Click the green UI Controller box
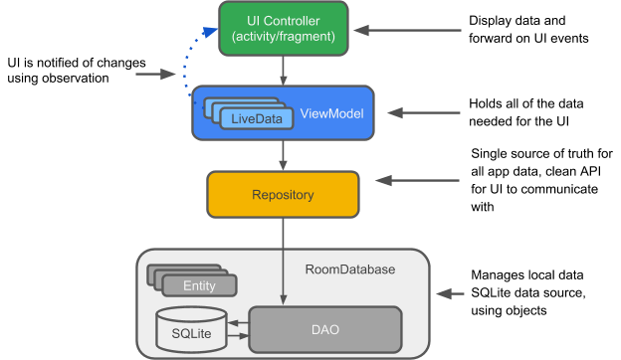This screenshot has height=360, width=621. coord(284,28)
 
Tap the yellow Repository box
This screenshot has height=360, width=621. coord(283,195)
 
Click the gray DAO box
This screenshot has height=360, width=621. coord(324,328)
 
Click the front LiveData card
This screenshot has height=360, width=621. coord(257,119)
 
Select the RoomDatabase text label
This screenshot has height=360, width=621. coord(349,270)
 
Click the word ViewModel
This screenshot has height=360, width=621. coord(331,113)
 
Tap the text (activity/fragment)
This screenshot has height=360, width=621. coord(284,38)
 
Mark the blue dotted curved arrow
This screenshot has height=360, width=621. coord(187,60)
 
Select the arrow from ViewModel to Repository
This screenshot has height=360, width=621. coord(284,154)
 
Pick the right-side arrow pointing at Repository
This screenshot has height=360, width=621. coord(418,181)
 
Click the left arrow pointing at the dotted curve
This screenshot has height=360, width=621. coord(154,74)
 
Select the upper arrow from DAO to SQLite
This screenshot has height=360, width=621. coord(237,321)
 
